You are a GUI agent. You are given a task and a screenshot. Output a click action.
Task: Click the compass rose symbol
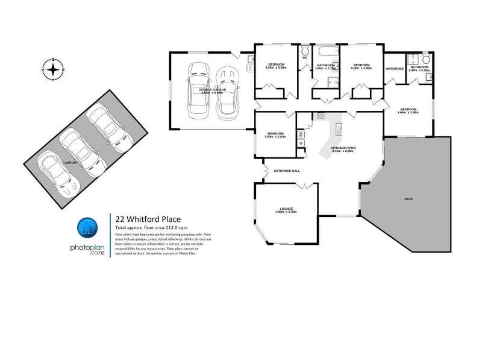pos(54,70)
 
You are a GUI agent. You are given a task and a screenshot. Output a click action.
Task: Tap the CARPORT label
pos(70,162)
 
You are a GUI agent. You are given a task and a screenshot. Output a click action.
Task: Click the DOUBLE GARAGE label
pos(212,89)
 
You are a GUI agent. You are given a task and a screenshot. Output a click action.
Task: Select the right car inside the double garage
pos(227,90)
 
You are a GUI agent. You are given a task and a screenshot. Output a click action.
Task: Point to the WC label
pos(305,58)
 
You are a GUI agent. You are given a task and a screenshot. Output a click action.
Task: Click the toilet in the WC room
pos(305,50)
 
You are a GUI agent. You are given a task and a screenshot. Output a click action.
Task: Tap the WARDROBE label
pos(395,69)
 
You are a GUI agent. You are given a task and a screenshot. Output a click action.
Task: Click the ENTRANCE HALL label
pos(287,171)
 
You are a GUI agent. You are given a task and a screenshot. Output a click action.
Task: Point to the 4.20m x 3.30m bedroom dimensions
pos(276,68)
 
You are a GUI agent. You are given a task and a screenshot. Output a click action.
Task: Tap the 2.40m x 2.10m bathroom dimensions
pos(419,71)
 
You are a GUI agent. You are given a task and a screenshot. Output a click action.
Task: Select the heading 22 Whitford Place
pos(144,219)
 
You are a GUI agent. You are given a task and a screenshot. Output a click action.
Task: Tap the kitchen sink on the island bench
pos(339,127)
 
